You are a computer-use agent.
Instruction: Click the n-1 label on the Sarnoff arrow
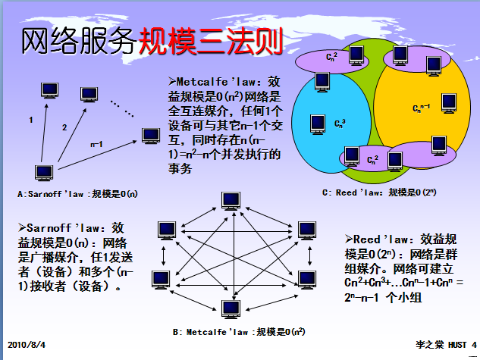point(96,142)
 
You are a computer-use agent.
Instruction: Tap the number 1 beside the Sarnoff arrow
point(30,120)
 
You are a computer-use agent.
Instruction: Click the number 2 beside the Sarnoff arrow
point(64,127)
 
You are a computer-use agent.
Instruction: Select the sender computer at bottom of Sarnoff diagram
point(44,174)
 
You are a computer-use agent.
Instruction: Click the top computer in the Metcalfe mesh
point(229,201)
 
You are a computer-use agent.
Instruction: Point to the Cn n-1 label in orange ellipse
point(422,108)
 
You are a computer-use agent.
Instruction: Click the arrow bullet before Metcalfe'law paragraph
point(172,80)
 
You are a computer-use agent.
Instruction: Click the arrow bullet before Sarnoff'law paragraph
point(20,227)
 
